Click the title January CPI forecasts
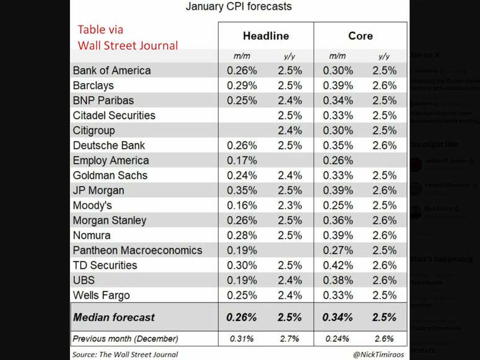coord(238,7)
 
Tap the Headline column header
coord(266,36)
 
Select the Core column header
coord(360,36)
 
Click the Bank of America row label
coord(111,71)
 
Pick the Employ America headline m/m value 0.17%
coord(242,160)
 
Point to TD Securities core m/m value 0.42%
coord(338,265)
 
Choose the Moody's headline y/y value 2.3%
coord(289,205)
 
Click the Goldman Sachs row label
coord(110,175)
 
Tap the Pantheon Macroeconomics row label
coord(137,250)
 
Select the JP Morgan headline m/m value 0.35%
coord(242,190)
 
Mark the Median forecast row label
coord(114,317)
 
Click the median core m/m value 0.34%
coord(338,317)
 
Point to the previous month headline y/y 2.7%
coord(289,339)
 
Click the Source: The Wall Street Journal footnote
coord(125,354)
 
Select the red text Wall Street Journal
coord(128,45)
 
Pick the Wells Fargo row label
coord(102,295)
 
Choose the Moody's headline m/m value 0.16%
coord(242,205)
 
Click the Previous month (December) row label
coord(125,339)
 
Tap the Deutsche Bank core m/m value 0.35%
coord(338,146)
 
